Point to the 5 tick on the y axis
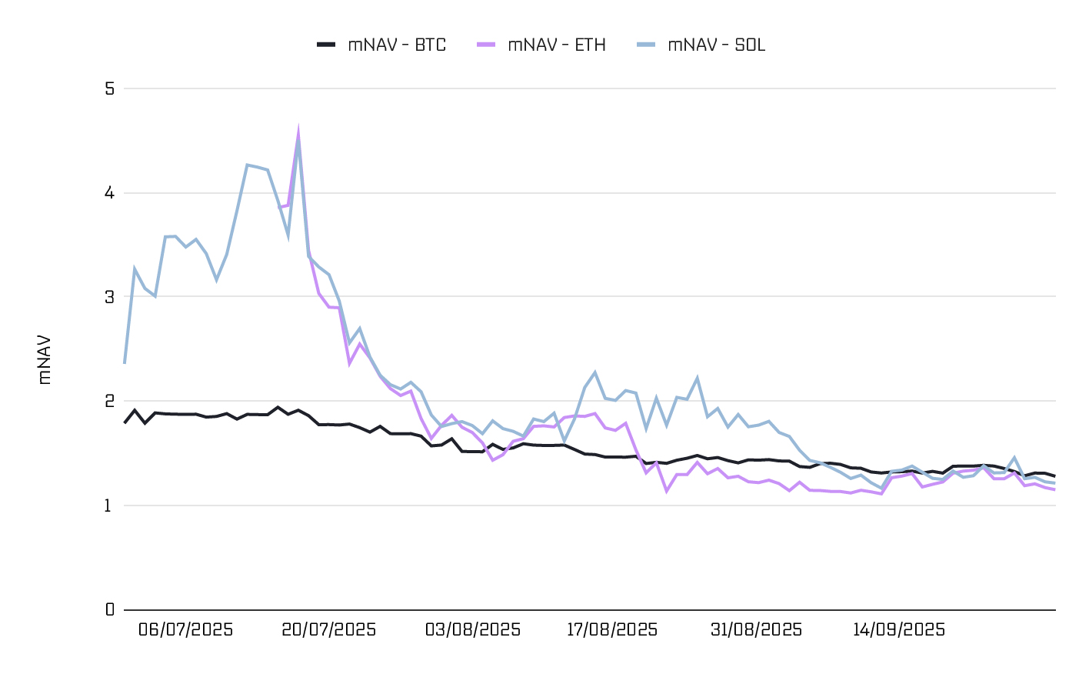point(109,88)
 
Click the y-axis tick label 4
point(109,192)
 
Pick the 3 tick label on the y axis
point(109,297)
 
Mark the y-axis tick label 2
point(109,401)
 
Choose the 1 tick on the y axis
point(109,505)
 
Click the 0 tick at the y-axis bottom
point(109,609)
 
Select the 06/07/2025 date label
point(185,630)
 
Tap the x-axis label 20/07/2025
point(329,630)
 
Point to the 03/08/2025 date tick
point(473,630)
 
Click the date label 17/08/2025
point(612,630)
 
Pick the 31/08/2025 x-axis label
point(756,630)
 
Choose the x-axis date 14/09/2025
point(899,630)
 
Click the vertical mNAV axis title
point(45,359)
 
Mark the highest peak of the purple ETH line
point(298,131)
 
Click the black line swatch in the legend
point(326,45)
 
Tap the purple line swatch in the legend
point(486,45)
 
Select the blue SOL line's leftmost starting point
point(125,362)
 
